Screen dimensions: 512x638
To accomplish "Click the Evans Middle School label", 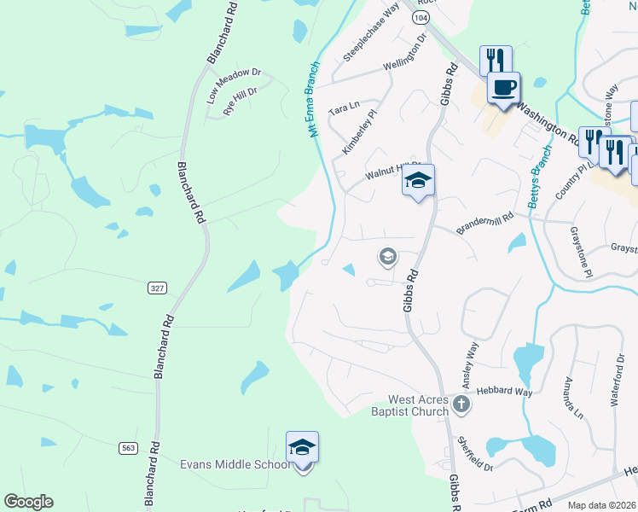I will [x=235, y=464].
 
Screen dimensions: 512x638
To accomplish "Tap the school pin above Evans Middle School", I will [x=302, y=448].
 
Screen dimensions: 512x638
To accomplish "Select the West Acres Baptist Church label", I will [x=418, y=405].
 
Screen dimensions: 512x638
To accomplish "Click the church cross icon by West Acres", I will [x=461, y=404].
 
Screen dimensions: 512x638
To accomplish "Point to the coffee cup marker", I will [x=503, y=88].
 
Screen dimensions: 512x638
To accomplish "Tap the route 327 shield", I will [x=156, y=288].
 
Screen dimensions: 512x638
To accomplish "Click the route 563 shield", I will [x=128, y=446].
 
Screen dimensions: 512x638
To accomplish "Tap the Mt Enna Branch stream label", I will [x=313, y=99].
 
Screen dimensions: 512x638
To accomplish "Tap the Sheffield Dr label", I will [x=474, y=455].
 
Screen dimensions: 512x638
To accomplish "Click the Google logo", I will [x=28, y=502].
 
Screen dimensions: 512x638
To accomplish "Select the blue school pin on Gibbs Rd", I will [x=418, y=181].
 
